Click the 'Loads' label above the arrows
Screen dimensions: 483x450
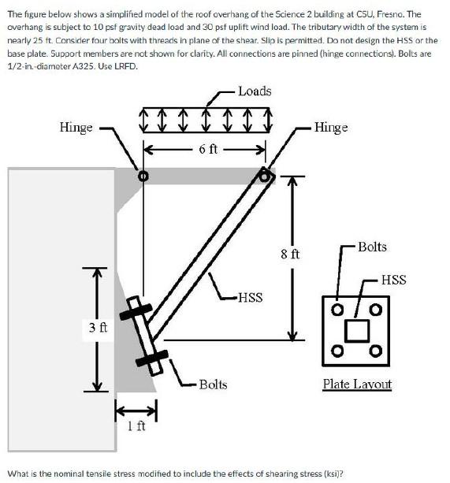(255, 91)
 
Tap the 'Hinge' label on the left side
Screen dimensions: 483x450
(76, 127)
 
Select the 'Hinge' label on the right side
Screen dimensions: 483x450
(330, 127)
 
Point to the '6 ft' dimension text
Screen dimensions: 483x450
(209, 147)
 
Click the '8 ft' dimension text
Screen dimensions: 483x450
(290, 254)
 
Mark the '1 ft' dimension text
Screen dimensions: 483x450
(136, 426)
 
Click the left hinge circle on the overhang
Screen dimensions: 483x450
(143, 176)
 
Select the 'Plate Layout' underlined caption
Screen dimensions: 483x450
(357, 384)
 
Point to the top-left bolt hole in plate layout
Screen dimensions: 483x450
(337, 309)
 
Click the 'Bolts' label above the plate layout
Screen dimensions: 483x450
(372, 247)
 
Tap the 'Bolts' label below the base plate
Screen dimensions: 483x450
(213, 384)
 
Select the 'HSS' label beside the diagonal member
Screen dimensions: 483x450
(250, 297)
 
